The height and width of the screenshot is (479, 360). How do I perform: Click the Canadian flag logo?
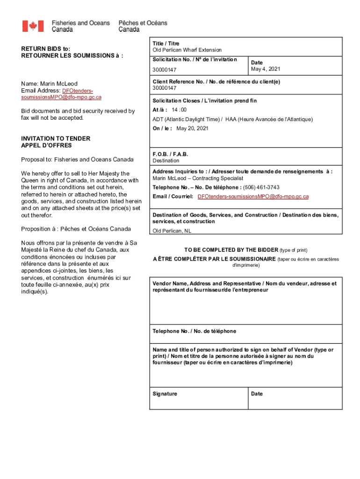point(33,26)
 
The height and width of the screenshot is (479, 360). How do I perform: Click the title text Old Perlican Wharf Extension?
point(187,50)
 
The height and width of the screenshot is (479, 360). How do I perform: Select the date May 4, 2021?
point(266,69)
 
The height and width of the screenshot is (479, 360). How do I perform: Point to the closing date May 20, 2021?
point(192,128)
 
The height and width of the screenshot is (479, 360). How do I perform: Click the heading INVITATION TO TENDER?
point(56,139)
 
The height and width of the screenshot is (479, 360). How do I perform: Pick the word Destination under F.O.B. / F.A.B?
point(166,160)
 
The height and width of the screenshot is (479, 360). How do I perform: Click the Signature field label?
point(165,394)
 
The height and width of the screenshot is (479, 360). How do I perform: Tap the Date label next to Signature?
point(257,394)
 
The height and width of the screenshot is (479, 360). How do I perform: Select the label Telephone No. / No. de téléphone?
point(194,331)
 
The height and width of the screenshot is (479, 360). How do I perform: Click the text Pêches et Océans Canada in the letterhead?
point(143,26)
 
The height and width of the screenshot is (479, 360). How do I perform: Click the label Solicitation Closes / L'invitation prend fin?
point(204,101)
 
